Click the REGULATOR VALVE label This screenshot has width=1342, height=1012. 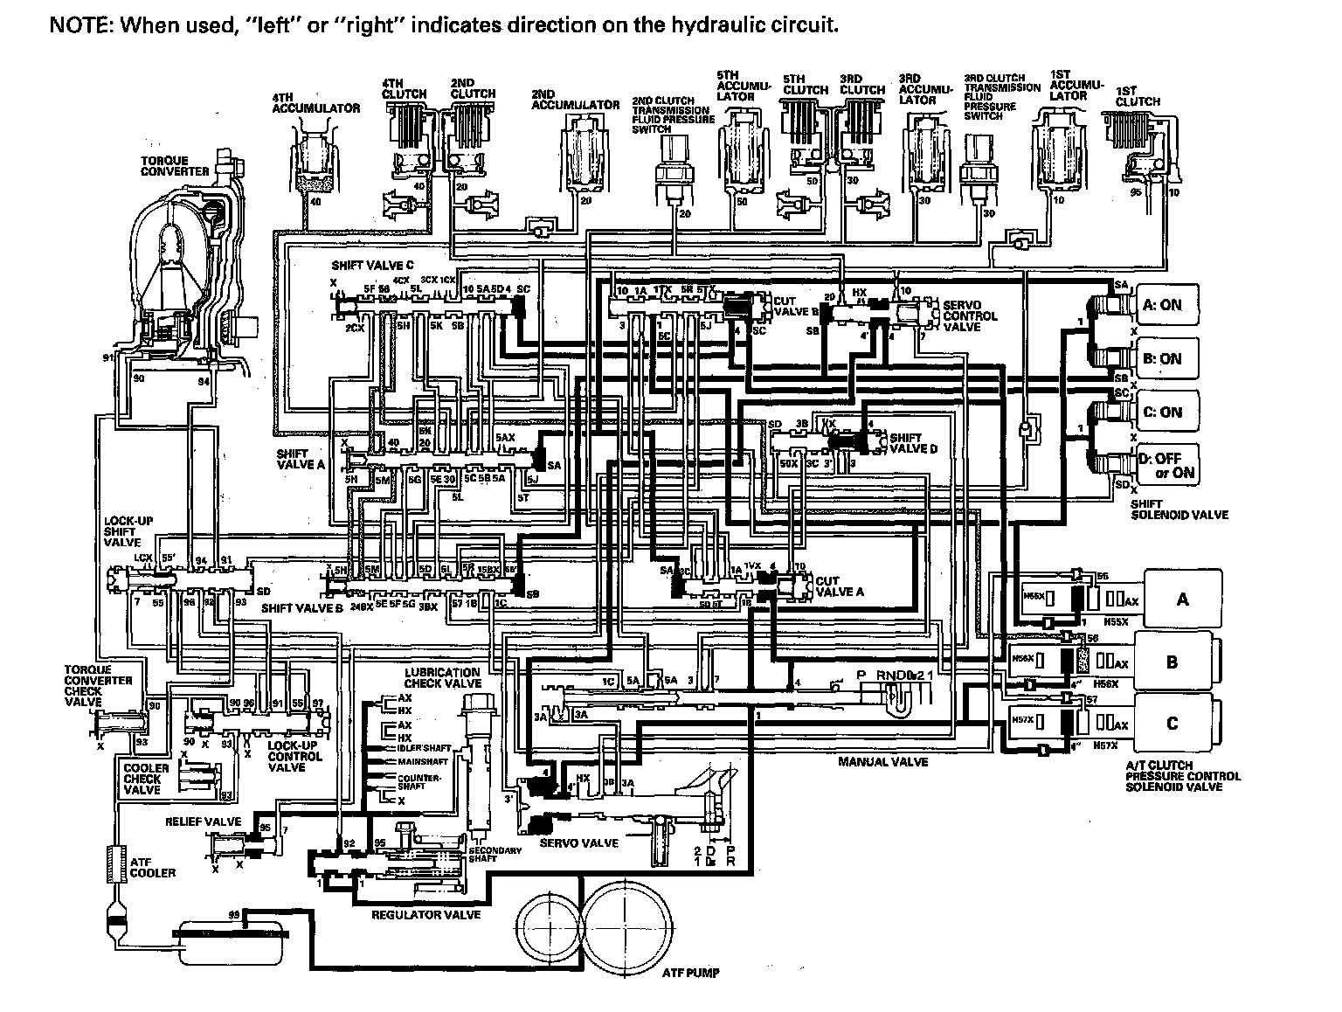426,915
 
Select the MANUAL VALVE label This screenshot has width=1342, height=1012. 882,762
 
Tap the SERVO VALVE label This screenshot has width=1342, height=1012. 579,843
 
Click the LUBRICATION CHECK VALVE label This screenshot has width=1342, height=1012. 444,678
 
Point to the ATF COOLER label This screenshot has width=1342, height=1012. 152,868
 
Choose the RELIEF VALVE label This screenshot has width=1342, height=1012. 203,822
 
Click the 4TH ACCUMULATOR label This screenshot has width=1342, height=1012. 315,102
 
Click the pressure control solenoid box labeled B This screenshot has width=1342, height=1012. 1173,662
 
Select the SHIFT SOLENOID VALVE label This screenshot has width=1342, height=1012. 1179,509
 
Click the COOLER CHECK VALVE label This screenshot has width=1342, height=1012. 142,779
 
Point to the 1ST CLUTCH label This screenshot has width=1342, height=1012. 1138,96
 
